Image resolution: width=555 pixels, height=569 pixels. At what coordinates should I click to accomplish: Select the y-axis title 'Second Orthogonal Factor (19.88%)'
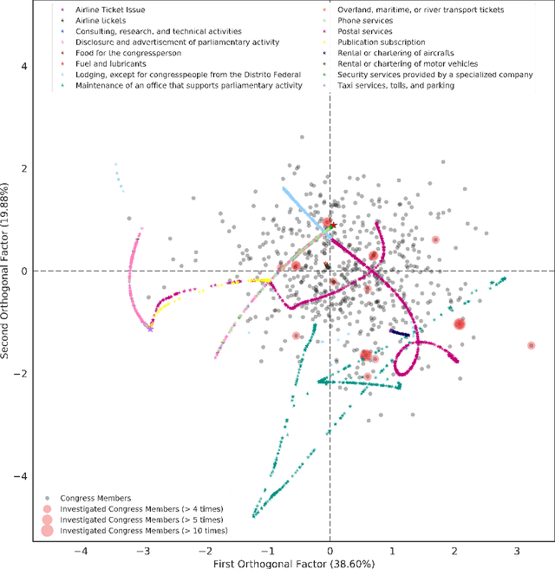(7, 271)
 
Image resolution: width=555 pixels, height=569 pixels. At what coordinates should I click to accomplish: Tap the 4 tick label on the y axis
(24, 66)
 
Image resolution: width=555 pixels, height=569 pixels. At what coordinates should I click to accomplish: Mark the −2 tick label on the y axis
(21, 373)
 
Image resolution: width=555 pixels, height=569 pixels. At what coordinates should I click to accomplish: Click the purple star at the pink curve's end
(150, 328)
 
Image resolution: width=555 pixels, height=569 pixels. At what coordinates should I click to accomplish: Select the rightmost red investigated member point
(532, 345)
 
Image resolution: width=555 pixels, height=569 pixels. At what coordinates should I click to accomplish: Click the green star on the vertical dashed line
(330, 226)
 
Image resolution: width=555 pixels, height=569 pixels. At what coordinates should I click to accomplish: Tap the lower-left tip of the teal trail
(254, 516)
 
